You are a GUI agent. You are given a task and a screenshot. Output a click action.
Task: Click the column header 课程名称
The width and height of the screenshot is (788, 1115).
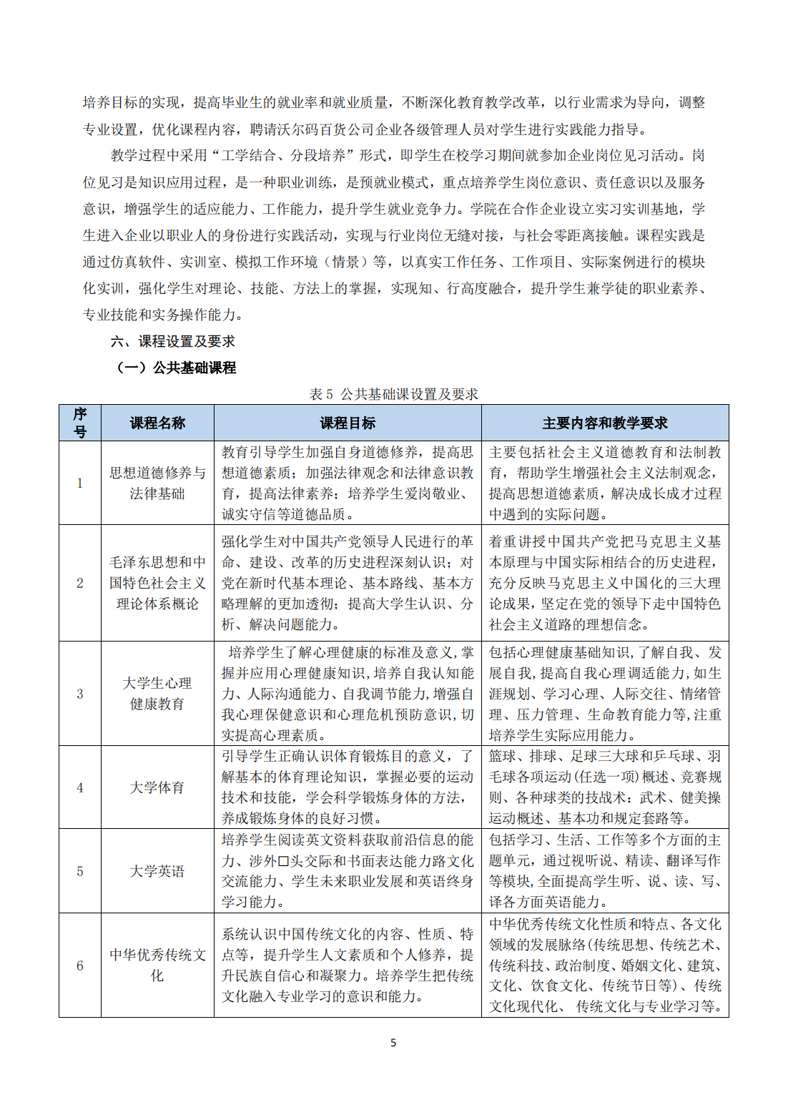(x=157, y=423)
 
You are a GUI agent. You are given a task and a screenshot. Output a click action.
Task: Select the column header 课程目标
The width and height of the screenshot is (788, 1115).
(x=348, y=423)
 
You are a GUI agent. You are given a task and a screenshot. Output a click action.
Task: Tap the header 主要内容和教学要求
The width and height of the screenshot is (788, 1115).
(x=605, y=423)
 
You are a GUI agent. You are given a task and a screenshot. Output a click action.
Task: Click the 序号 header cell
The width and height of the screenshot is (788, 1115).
(x=80, y=423)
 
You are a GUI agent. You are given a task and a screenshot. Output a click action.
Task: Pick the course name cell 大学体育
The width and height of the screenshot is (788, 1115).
(x=157, y=787)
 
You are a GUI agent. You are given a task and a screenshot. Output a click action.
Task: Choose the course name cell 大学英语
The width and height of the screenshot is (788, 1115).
(x=157, y=871)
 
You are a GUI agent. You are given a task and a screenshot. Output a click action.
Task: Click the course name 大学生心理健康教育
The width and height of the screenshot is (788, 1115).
(x=157, y=694)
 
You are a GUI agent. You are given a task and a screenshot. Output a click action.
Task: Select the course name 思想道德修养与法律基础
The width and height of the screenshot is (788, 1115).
(x=157, y=483)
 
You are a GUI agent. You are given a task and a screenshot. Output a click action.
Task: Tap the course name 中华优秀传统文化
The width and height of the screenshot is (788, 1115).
(x=157, y=965)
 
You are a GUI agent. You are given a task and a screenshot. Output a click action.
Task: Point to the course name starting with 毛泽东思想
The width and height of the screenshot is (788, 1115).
(x=157, y=583)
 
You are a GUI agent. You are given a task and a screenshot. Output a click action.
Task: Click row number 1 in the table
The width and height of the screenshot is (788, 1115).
(x=80, y=483)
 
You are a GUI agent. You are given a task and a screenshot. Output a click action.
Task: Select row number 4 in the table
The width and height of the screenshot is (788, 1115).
(x=80, y=787)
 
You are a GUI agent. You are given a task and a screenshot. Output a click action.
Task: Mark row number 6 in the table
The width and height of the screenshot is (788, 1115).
(x=80, y=965)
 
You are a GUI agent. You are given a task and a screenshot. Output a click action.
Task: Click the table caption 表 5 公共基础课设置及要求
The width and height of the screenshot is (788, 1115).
(x=393, y=394)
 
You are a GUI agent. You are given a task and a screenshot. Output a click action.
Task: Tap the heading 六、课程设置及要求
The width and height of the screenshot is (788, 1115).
(x=172, y=341)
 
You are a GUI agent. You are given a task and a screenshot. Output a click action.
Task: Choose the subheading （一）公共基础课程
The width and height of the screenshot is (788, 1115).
(x=176, y=368)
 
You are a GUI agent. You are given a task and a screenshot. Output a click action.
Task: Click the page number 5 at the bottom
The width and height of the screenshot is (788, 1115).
(x=393, y=1043)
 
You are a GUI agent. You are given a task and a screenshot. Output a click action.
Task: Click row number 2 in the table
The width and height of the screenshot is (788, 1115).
(x=80, y=583)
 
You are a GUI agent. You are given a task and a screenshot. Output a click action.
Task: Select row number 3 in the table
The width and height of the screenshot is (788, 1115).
(x=80, y=694)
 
